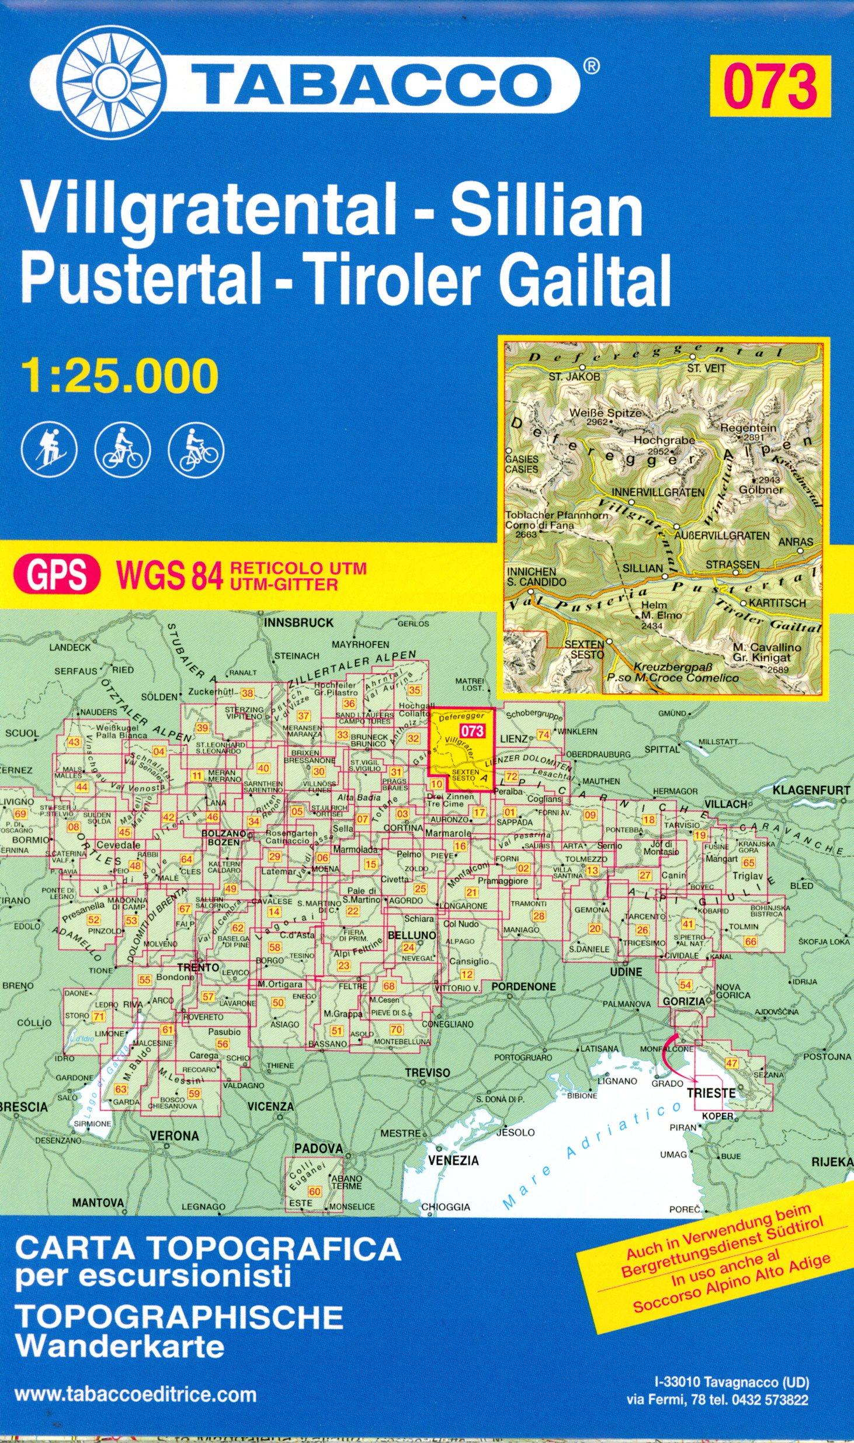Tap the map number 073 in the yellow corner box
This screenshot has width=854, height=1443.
(x=769, y=82)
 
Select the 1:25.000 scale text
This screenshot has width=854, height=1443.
(x=120, y=377)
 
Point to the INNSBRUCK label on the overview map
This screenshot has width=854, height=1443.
(x=298, y=623)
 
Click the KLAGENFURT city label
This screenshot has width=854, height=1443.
(x=812, y=790)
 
